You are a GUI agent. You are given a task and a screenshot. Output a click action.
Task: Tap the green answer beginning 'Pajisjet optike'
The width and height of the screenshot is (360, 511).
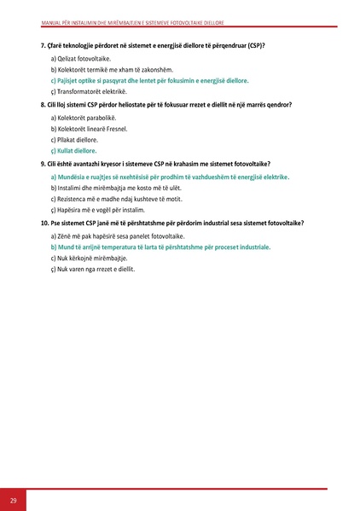[150, 79]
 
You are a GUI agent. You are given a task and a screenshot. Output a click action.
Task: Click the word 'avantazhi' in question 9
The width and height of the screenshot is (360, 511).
[90, 163]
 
